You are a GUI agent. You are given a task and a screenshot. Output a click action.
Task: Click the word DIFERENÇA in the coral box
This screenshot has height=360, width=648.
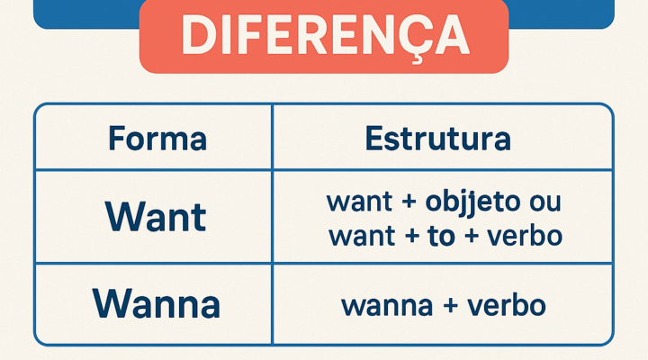coord(324,35)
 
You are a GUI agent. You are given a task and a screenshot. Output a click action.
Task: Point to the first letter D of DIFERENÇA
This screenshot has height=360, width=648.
coord(196,35)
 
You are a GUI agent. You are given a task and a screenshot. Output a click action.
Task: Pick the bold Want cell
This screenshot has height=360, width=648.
coord(156,217)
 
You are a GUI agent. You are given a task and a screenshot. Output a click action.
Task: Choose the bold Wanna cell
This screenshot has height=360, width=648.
coord(157,304)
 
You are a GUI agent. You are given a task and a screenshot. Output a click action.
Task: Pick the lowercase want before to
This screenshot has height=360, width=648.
coord(359,237)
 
